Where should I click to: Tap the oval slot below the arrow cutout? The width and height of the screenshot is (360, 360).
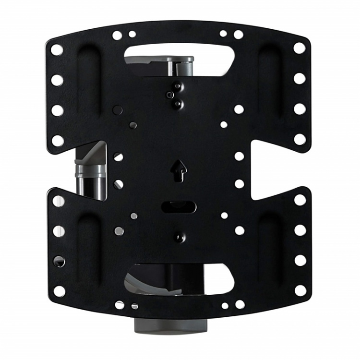178,207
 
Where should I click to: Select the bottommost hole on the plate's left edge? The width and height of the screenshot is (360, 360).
59,291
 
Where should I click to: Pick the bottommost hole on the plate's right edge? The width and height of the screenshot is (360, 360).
300,290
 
